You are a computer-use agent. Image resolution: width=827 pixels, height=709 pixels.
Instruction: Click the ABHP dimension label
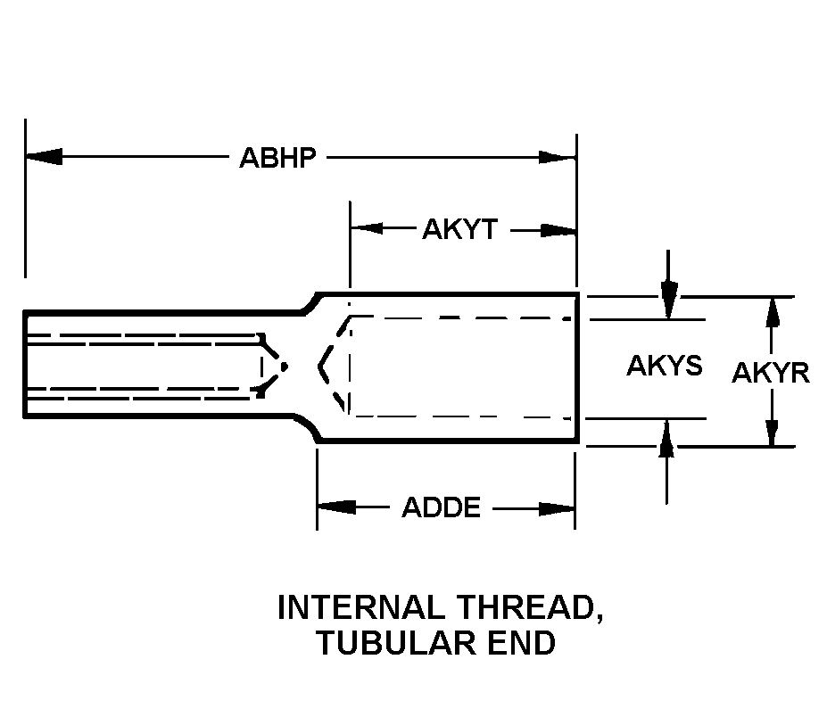(277, 158)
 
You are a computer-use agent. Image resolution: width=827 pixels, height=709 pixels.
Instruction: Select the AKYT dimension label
(460, 229)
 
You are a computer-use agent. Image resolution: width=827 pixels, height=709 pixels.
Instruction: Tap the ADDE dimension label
(442, 507)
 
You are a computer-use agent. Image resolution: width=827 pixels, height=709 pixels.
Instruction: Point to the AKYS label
(665, 366)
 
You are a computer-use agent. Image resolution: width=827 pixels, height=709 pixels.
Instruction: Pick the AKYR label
(771, 373)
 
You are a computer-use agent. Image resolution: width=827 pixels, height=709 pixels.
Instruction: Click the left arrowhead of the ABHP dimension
(44, 157)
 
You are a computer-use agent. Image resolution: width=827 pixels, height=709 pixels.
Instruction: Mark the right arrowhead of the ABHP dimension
(557, 157)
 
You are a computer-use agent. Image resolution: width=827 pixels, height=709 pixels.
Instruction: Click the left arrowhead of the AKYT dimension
(367, 228)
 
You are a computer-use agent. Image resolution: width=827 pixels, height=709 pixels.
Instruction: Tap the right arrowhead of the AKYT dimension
(558, 230)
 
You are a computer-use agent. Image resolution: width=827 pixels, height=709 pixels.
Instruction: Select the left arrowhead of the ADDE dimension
(336, 507)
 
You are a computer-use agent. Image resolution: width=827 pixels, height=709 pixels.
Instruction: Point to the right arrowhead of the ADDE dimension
(556, 508)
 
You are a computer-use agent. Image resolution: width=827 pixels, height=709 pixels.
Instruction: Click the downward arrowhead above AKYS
(669, 300)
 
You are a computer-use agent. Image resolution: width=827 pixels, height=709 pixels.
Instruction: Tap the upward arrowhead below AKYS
(666, 437)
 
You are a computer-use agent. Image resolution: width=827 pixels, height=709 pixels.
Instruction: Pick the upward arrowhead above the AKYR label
(773, 314)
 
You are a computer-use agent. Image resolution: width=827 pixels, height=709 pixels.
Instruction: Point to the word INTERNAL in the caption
(361, 607)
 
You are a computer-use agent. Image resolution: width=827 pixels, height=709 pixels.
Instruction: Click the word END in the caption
(522, 643)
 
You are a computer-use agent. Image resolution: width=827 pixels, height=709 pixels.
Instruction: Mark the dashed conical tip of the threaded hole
(274, 366)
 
